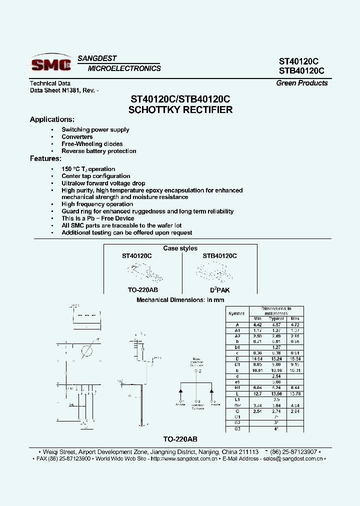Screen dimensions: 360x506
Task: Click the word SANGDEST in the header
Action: [x=97, y=58]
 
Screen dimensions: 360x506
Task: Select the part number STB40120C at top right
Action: [x=301, y=71]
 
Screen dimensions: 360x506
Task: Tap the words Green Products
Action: [x=302, y=83]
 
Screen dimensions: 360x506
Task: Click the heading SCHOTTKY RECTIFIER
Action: [x=180, y=110]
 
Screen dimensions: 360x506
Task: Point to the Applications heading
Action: [x=52, y=119]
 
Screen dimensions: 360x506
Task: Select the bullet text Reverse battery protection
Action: [x=99, y=151]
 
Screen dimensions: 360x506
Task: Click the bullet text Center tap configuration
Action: [x=96, y=176]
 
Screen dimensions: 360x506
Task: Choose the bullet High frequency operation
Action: [x=97, y=204]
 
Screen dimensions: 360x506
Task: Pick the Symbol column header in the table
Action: [x=236, y=313]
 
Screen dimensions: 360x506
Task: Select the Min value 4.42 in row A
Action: [x=257, y=324]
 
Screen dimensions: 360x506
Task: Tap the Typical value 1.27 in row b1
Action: [x=276, y=346]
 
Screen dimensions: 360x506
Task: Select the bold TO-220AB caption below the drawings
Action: [x=180, y=439]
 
